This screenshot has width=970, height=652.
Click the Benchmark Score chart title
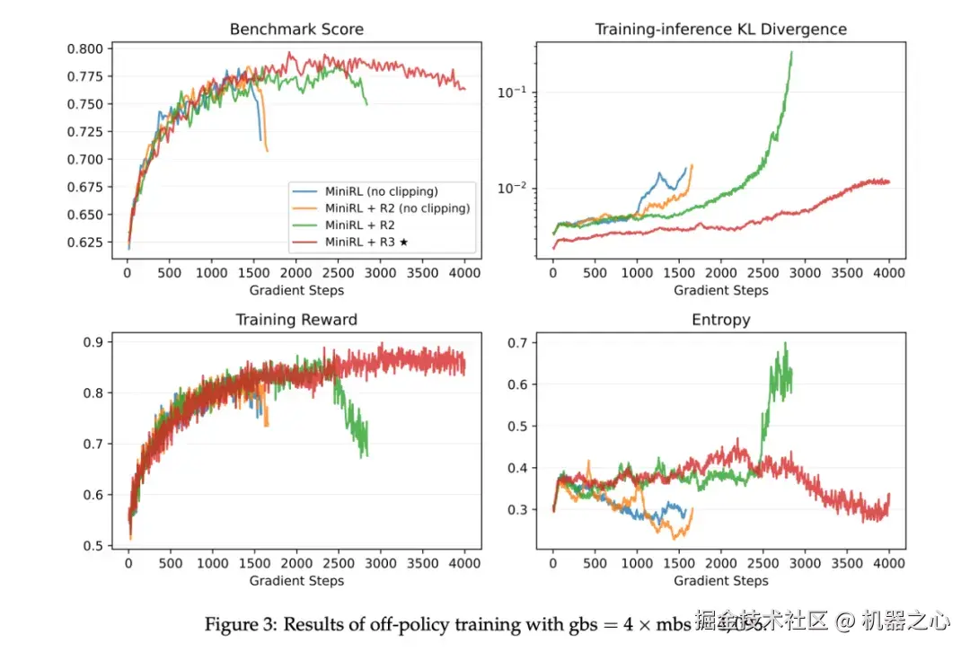[x=296, y=30]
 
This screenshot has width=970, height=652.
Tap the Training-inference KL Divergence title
[x=721, y=30]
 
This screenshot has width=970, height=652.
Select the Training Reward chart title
[x=296, y=320]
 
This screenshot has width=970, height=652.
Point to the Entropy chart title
[x=721, y=320]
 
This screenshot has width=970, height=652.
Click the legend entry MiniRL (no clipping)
[x=382, y=190]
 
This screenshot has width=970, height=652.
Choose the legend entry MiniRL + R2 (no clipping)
[x=400, y=208]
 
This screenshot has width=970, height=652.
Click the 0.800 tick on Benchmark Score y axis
[x=92, y=48]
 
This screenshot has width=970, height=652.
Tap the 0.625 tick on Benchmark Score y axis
[x=92, y=242]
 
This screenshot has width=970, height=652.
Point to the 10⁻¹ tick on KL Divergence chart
[x=514, y=93]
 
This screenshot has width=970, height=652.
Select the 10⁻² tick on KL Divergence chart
[x=514, y=189]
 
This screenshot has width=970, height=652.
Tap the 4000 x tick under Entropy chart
[x=889, y=563]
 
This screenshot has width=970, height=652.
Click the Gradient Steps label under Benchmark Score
[x=296, y=290]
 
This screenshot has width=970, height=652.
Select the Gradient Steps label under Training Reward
[x=296, y=581]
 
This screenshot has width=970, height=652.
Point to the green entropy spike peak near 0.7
[x=785, y=344]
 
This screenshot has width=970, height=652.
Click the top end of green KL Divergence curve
[x=791, y=52]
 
